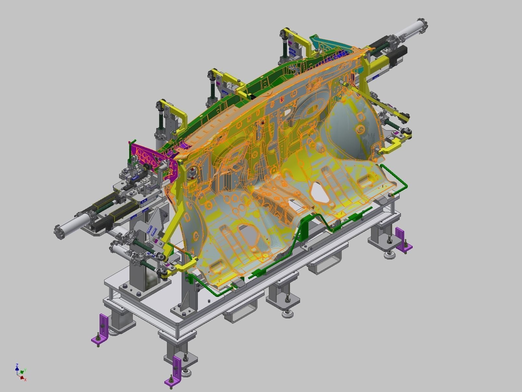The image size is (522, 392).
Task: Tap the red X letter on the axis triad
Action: (25, 380)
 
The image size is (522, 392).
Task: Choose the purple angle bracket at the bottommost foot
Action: (176, 370)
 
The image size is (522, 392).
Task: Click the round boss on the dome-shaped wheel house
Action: (360, 130)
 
